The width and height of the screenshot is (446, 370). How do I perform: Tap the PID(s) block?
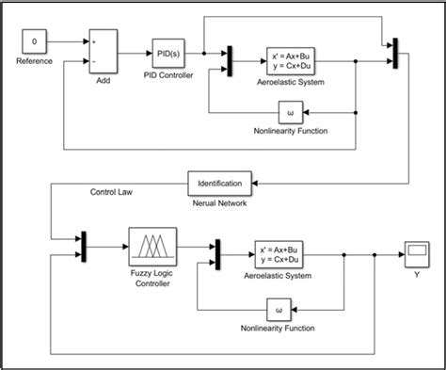169,53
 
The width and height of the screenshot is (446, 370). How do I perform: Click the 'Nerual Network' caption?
220,201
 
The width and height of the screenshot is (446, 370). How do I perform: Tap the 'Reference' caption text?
34,62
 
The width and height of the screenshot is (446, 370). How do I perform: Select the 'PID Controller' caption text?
169,74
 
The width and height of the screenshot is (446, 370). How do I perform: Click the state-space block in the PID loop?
289,62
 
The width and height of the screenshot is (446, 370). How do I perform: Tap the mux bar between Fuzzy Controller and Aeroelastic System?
217,252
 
